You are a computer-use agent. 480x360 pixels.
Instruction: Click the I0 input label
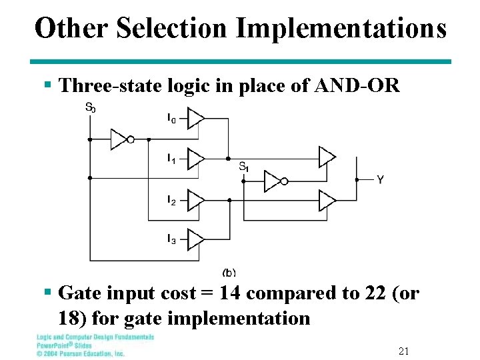pos(171,119)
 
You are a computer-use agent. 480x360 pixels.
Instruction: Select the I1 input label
pos(171,159)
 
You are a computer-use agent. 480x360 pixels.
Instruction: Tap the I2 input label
pos(171,200)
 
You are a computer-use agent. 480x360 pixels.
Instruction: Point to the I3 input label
pos(171,238)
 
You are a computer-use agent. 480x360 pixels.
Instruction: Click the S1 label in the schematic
pos(243,167)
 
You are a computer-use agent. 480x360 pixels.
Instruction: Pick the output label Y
pos(380,180)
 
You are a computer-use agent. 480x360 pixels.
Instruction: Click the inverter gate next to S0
pos(121,139)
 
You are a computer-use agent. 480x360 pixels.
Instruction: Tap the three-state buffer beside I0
pos(195,119)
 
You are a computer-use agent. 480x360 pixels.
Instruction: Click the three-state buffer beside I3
pos(195,238)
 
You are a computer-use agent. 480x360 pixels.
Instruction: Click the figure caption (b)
pos(229,272)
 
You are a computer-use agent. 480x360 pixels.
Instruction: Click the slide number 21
pos(403,351)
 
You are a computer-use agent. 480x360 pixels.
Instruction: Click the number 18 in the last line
pos(71,317)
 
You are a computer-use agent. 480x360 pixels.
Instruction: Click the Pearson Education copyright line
pos(80,353)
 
